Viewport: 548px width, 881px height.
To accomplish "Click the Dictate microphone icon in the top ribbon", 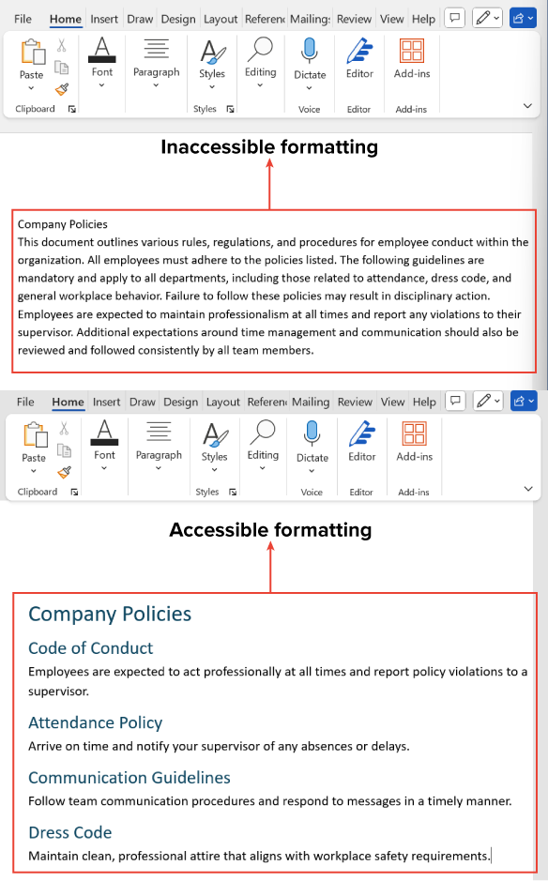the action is (310, 51).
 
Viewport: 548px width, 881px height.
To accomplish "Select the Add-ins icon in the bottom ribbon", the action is (414, 434).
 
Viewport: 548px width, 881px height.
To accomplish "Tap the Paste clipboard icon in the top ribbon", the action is (32, 53).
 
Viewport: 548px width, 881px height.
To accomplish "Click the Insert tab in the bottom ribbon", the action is (107, 402).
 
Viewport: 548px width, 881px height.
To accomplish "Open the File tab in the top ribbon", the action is (23, 19).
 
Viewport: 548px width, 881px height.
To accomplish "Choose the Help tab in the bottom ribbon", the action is (423, 402).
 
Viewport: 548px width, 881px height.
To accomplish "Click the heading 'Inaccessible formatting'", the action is (269, 146).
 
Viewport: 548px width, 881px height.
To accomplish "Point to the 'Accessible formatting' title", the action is (270, 530).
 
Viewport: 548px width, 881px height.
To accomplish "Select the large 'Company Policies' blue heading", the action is (110, 614).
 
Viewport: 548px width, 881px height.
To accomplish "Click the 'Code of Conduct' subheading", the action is (90, 648).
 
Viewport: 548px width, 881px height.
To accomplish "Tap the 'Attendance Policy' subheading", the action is (95, 722).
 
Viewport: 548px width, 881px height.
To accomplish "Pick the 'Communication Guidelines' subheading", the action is (129, 777).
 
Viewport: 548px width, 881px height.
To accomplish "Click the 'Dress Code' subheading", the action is (69, 832).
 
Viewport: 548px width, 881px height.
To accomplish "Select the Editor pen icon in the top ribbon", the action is (358, 51).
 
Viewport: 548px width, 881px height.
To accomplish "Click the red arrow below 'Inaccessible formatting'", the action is (270, 183).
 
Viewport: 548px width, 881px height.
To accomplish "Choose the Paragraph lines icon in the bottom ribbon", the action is (159, 433).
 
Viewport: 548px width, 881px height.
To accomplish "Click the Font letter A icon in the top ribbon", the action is (102, 50).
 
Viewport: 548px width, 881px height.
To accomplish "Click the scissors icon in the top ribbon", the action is (62, 45).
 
